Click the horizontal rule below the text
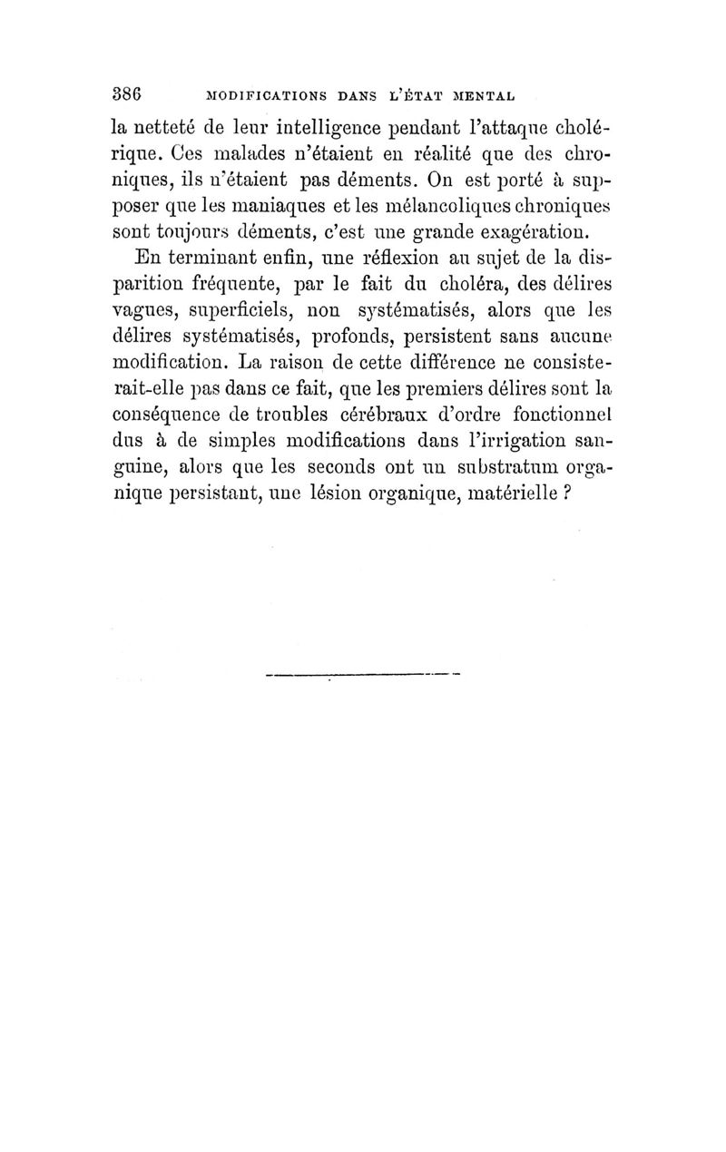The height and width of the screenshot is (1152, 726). [x=364, y=674]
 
